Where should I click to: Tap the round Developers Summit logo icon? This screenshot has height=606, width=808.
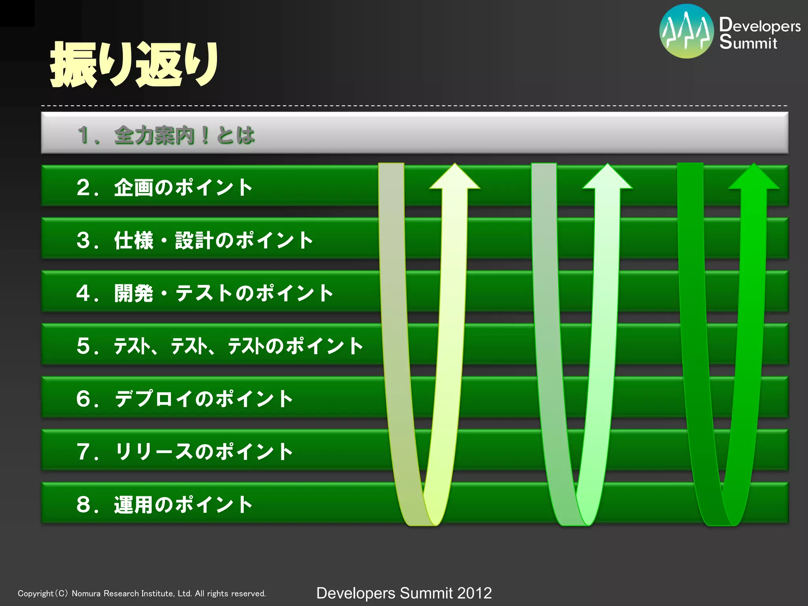click(686, 32)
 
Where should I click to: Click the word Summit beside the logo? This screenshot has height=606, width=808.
click(748, 42)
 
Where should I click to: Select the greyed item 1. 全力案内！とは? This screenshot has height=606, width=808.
click(166, 135)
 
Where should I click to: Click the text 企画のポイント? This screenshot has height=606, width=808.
click(183, 187)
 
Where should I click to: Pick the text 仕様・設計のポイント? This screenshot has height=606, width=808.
click(213, 240)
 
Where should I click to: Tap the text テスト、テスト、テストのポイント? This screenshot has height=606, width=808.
click(238, 346)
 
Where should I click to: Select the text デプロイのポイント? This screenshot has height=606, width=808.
click(204, 398)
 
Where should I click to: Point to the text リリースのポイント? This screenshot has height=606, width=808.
click(204, 451)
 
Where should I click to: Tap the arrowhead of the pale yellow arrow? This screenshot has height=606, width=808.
click(455, 178)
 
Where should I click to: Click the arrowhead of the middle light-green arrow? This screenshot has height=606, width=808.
click(608, 178)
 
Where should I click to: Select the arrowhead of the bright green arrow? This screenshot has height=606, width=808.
click(754, 178)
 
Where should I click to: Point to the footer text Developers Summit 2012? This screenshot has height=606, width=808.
click(404, 593)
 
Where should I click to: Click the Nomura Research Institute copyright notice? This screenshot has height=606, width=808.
click(142, 593)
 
